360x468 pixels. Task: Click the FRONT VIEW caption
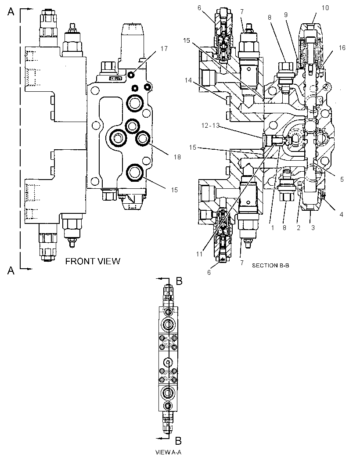coord(93,262)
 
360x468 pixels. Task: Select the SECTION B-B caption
coord(270,265)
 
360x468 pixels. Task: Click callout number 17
coord(164,48)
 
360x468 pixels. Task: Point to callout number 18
coord(177,157)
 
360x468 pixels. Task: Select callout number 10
coord(325,8)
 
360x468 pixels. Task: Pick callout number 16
coord(342,48)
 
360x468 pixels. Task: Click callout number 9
coord(286,15)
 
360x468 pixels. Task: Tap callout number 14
coord(188,80)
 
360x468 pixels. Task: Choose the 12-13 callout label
coord(210,126)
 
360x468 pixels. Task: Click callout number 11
coord(199,254)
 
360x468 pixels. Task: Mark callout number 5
coord(342,180)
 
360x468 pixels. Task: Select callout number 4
coord(342,214)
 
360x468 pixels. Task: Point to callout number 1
coord(273,228)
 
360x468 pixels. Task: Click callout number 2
coord(299,228)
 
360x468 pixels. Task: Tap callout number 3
coord(313,228)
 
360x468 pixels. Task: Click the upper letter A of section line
coord(11,12)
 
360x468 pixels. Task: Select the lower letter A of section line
coord(11,270)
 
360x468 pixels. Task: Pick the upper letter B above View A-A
coord(179,281)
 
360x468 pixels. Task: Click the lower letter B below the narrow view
coord(178,440)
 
